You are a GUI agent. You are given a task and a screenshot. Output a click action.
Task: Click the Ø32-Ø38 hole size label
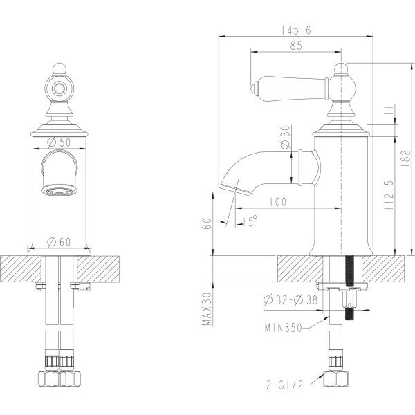[291, 299]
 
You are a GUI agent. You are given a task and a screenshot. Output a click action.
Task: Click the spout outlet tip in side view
[229, 183]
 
